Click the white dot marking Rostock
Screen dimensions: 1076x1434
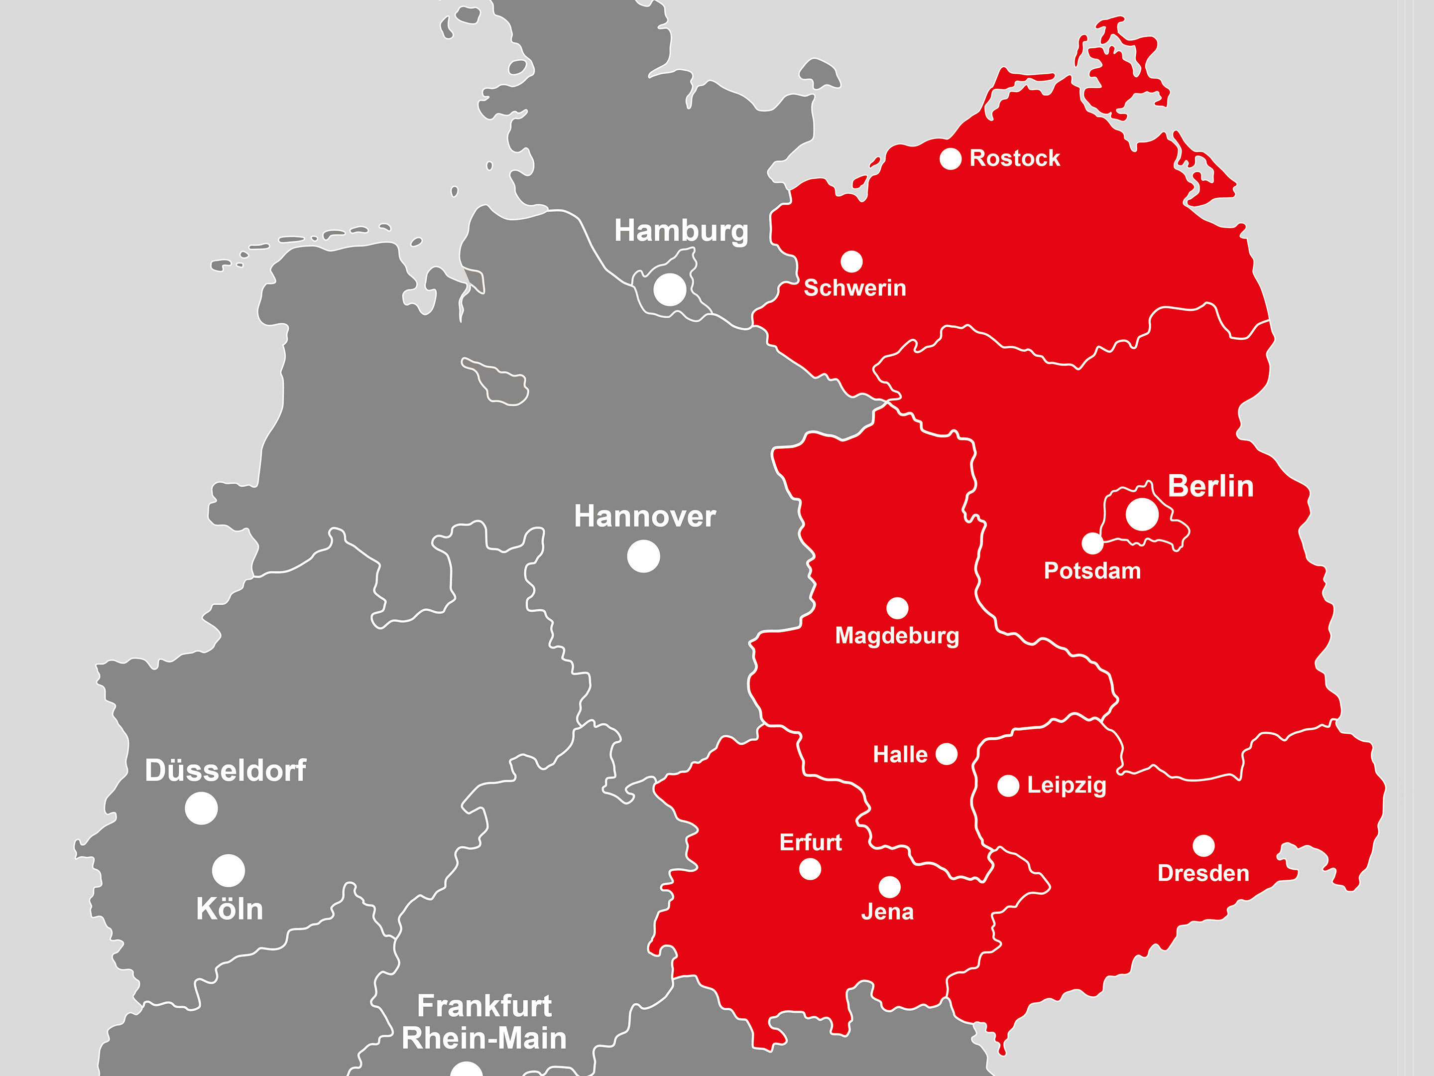click(x=951, y=158)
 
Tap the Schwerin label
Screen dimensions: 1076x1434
click(x=854, y=288)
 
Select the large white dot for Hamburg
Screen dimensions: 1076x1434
click(x=670, y=289)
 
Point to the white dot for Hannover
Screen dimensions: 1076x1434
click(x=644, y=556)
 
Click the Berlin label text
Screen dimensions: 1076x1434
click(x=1210, y=486)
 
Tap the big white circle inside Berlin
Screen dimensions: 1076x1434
click(x=1142, y=514)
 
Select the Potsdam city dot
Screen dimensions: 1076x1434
click(x=1092, y=543)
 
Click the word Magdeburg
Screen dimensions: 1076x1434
click(x=897, y=636)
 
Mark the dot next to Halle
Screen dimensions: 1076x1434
click(x=947, y=754)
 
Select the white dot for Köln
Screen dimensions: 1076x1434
click(x=228, y=870)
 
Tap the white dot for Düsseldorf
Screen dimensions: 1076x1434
click(x=201, y=808)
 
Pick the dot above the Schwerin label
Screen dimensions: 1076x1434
click(x=851, y=262)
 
